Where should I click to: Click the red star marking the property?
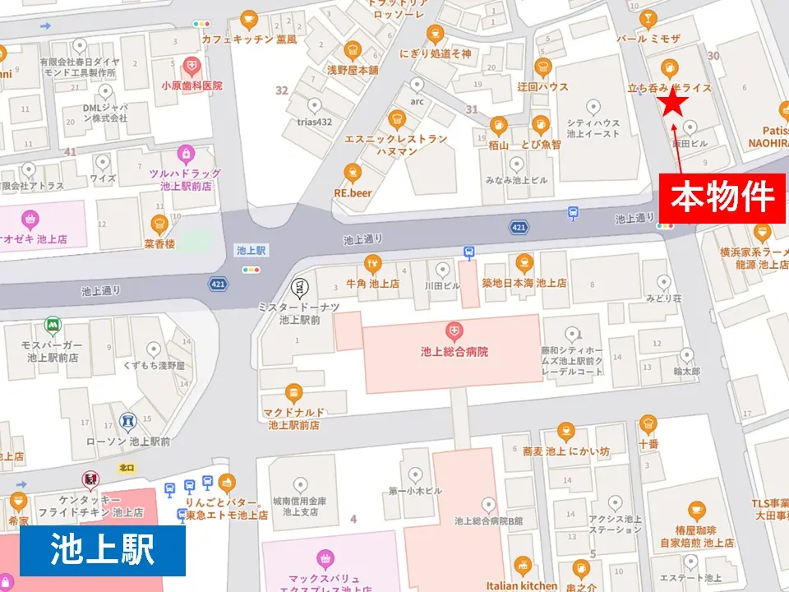coord(674,103)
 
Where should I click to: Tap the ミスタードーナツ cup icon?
coord(299,287)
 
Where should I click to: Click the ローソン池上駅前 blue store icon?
coord(127,422)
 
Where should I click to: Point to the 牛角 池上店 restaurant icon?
coord(372,263)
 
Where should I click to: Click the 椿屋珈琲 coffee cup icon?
coord(697,511)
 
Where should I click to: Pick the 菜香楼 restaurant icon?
coord(159,223)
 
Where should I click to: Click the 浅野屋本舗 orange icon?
coord(352,49)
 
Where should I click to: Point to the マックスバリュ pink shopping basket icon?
coord(327,558)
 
